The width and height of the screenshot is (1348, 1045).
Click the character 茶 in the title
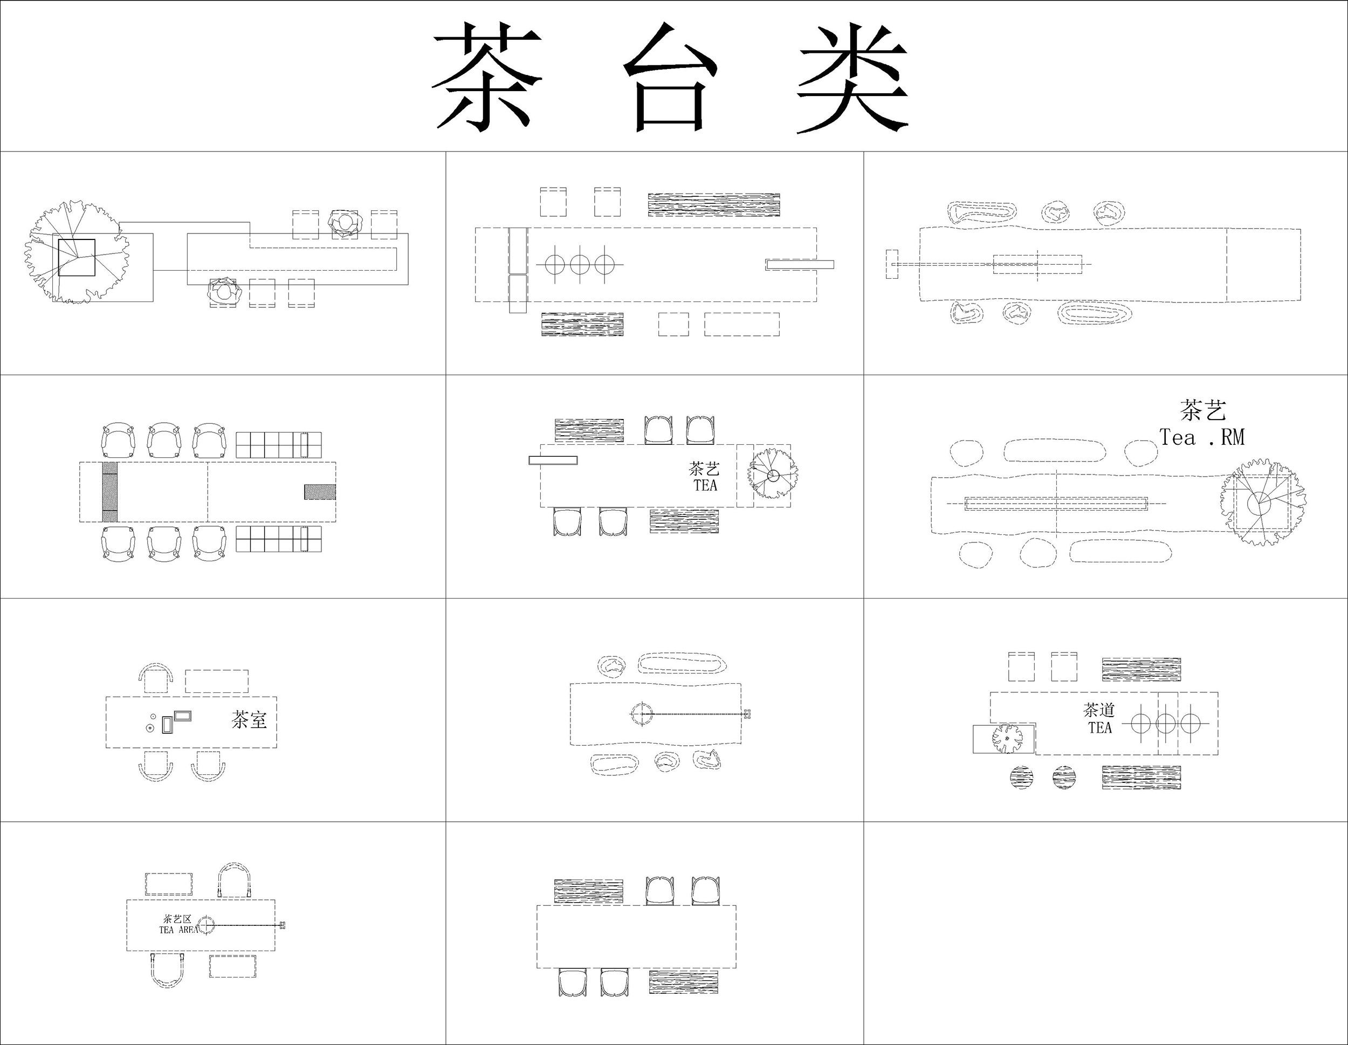tap(486, 77)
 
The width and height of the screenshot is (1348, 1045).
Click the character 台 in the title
tap(671, 77)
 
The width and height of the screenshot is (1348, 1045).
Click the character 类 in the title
tap(852, 77)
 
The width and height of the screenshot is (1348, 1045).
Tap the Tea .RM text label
tap(1202, 437)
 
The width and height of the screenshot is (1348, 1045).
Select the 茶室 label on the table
tap(249, 719)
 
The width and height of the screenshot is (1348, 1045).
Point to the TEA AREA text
tap(178, 930)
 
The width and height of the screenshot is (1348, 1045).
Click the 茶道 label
tap(1099, 710)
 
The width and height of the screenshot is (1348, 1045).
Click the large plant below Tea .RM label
tap(1262, 503)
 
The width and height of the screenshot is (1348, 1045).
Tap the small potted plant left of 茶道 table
tap(1007, 738)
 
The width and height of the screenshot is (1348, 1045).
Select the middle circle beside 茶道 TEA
tap(1165, 722)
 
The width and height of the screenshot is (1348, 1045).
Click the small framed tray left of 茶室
tap(183, 716)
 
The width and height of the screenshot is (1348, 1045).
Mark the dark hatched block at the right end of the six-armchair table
tap(320, 492)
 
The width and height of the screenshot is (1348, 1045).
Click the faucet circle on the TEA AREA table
tap(206, 925)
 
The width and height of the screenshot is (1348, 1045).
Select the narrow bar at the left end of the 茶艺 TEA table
tap(553, 460)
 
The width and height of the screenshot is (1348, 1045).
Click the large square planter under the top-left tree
tap(77, 257)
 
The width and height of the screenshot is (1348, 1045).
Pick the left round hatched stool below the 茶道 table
tap(1021, 777)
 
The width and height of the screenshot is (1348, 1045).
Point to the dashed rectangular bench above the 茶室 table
tap(217, 681)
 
